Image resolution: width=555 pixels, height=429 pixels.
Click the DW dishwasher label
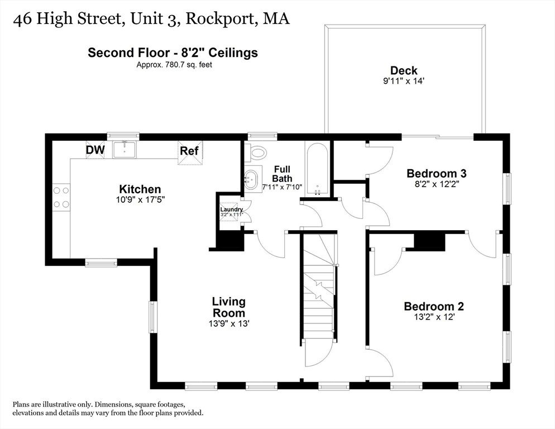click(x=95, y=150)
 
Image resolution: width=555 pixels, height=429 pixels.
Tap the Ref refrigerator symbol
click(x=190, y=152)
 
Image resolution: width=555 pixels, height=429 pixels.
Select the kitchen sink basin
click(x=125, y=150)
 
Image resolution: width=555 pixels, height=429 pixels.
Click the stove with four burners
click(x=61, y=197)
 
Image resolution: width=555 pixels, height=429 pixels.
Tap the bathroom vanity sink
click(x=252, y=179)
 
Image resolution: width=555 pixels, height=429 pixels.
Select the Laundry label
click(x=232, y=209)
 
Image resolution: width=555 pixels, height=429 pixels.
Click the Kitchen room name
click(x=140, y=189)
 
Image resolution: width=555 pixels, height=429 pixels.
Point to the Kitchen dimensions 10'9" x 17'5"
click(x=141, y=200)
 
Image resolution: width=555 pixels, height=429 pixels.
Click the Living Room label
click(x=229, y=307)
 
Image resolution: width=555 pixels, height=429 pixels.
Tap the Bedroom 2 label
click(x=434, y=306)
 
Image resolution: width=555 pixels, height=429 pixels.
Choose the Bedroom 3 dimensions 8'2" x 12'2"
click(x=437, y=184)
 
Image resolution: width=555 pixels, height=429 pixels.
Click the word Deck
click(x=404, y=70)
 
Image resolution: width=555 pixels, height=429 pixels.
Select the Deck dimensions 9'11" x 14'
click(x=404, y=81)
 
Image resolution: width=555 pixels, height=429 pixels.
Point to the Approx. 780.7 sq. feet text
click(x=175, y=65)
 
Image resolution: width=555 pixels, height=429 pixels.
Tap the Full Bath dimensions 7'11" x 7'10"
click(x=282, y=187)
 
